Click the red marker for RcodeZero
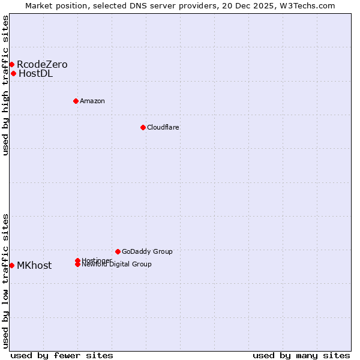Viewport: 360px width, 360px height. (11, 64)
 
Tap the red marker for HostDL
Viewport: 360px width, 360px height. (13, 73)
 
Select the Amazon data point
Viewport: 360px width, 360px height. (76, 101)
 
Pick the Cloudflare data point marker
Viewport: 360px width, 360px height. (143, 127)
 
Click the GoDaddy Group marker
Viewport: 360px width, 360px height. (118, 251)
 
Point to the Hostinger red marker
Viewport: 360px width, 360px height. (77, 260)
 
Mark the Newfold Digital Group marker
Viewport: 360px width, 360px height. (77, 265)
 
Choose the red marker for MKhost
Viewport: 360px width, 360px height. (11, 265)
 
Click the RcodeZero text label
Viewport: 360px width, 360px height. (42, 64)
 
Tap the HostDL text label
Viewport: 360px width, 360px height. (35, 74)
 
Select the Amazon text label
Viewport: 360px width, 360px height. (92, 101)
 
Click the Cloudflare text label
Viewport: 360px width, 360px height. (163, 127)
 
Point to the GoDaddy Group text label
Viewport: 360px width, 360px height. (147, 251)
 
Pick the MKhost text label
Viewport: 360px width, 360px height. (34, 266)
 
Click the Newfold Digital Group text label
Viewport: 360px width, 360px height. (116, 265)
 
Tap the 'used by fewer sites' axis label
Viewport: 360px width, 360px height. (62, 355)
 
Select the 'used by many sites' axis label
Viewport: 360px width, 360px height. (301, 355)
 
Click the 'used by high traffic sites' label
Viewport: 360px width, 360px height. (6, 85)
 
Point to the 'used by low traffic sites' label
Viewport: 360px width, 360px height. (6, 281)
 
